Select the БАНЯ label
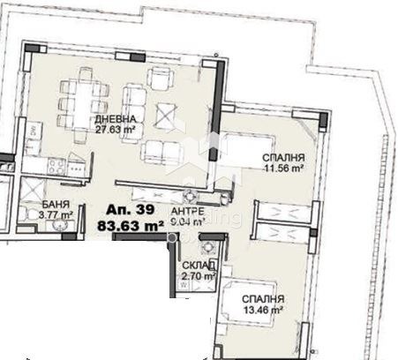[31, 202]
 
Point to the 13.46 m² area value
[264, 311]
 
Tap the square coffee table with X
[164, 114]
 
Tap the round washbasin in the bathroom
[61, 226]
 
